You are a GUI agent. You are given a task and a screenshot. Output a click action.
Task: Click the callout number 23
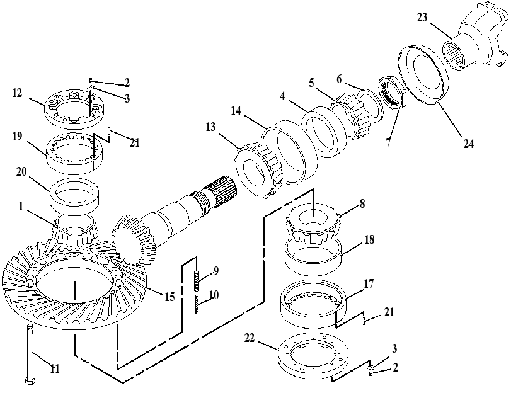(422, 17)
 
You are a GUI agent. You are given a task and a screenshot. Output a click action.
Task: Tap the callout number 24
(469, 144)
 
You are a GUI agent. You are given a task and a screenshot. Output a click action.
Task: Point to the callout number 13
(211, 127)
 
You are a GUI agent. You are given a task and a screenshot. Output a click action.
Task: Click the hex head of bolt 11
(30, 380)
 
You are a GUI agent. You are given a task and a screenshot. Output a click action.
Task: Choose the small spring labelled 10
(197, 304)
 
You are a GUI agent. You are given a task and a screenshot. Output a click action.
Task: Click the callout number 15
(169, 297)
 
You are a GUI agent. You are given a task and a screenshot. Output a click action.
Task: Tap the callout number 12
(17, 93)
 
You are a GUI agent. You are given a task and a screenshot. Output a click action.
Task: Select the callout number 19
(17, 136)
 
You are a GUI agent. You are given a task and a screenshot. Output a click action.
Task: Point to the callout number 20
(21, 171)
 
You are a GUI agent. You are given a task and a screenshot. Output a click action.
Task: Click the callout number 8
(362, 203)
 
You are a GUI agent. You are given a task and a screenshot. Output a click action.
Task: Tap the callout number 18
(369, 239)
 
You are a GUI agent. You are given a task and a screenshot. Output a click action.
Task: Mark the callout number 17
(369, 284)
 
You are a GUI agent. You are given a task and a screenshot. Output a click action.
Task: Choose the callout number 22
(250, 338)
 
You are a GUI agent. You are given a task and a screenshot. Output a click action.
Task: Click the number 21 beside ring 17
(389, 312)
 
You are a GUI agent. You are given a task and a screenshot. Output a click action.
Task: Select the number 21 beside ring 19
(135, 142)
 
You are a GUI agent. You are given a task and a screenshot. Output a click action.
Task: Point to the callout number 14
(236, 110)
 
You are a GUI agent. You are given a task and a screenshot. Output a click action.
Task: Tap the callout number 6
(339, 79)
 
